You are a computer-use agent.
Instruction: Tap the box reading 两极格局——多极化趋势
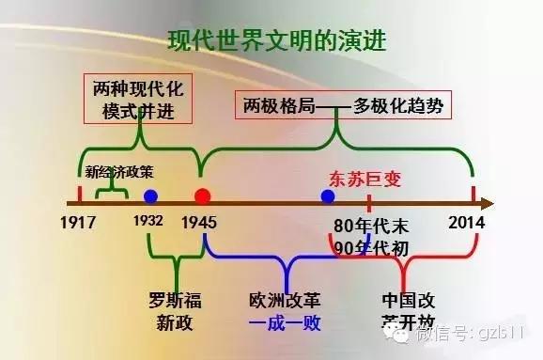(x=343, y=103)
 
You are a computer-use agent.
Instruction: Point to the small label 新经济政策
(x=115, y=172)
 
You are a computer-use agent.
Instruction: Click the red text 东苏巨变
(x=356, y=176)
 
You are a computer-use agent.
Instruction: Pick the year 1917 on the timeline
(x=80, y=224)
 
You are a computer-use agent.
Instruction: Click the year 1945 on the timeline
(x=203, y=224)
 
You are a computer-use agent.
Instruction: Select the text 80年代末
(x=370, y=226)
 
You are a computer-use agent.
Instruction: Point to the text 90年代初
(x=370, y=247)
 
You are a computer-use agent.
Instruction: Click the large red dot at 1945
(x=202, y=196)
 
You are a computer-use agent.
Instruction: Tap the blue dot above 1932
(x=149, y=196)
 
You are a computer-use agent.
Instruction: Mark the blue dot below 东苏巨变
(x=327, y=196)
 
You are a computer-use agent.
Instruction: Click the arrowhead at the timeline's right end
(x=488, y=201)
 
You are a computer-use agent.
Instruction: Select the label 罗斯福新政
(x=176, y=312)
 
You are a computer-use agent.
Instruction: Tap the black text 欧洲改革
(x=285, y=302)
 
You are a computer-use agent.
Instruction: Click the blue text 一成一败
(x=285, y=323)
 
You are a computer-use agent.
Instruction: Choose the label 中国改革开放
(x=405, y=312)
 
